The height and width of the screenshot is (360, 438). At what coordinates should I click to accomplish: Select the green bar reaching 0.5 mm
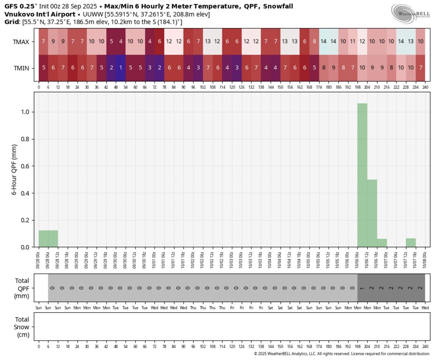pyautogui.click(x=372, y=213)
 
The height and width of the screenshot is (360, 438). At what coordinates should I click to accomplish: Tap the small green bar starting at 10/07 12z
pyautogui.click(x=411, y=242)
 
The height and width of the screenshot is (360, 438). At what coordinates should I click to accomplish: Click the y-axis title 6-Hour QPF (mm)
pyautogui.click(x=14, y=170)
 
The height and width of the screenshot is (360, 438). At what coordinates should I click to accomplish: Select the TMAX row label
pyautogui.click(x=21, y=42)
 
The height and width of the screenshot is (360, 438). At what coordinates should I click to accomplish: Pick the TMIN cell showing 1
pyautogui.click(x=121, y=68)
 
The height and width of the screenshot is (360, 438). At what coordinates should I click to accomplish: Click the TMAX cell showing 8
pyautogui.click(x=314, y=42)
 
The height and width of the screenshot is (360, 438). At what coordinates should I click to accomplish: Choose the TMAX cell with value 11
pyautogui.click(x=353, y=42)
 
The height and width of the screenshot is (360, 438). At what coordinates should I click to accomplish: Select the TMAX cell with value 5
pyautogui.click(x=111, y=42)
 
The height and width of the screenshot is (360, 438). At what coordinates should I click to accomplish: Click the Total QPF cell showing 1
pyautogui.click(x=362, y=287)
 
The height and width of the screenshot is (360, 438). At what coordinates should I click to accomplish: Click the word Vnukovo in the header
pyautogui.click(x=19, y=14)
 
